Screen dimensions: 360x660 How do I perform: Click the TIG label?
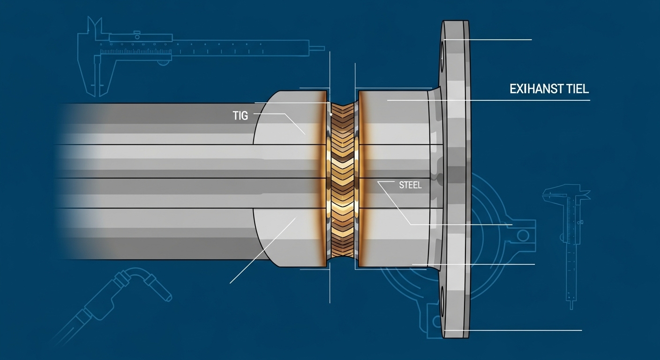click(x=240, y=115)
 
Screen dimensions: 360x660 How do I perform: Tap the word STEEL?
click(x=410, y=185)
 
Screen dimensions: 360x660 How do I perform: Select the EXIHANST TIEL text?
click(x=548, y=90)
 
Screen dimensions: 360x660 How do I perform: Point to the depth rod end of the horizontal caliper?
click(x=317, y=48)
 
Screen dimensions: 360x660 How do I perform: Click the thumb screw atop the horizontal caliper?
click(x=136, y=33)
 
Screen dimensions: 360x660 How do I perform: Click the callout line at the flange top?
click(x=487, y=40)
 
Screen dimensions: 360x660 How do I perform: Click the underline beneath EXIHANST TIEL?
click(x=516, y=100)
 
